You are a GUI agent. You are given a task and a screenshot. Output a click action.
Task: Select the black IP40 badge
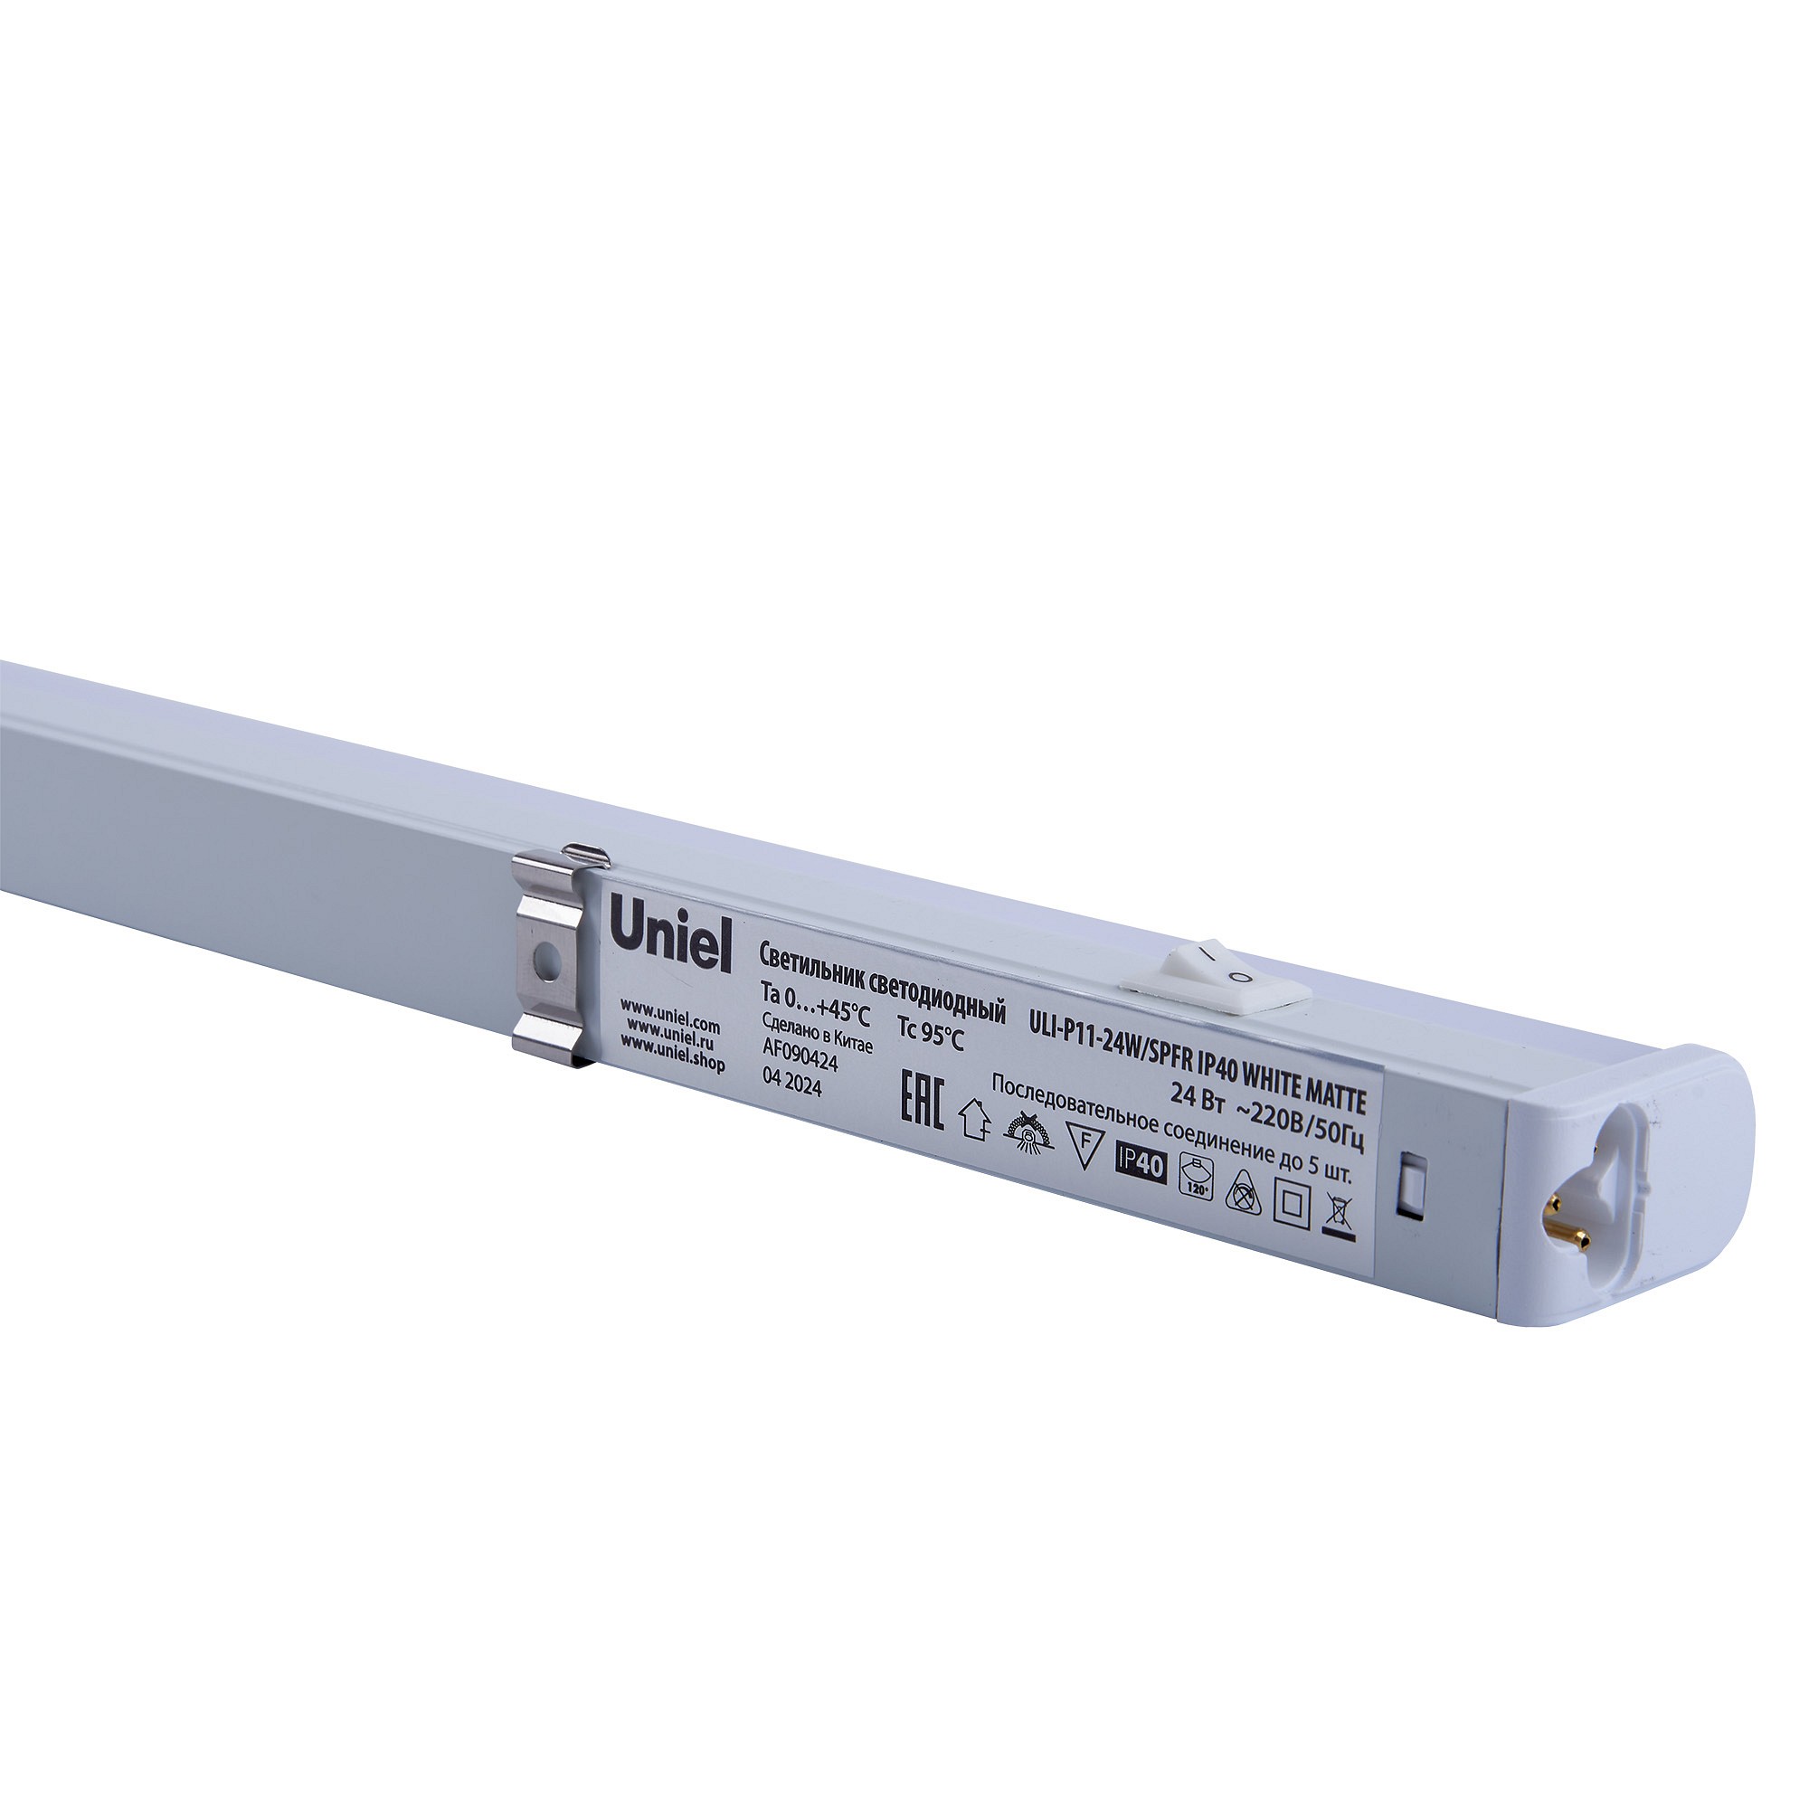click(x=1141, y=1165)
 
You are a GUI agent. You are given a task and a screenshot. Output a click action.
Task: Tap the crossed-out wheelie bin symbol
click(x=1337, y=1217)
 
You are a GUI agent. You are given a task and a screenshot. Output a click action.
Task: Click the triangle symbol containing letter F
click(x=1084, y=1150)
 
